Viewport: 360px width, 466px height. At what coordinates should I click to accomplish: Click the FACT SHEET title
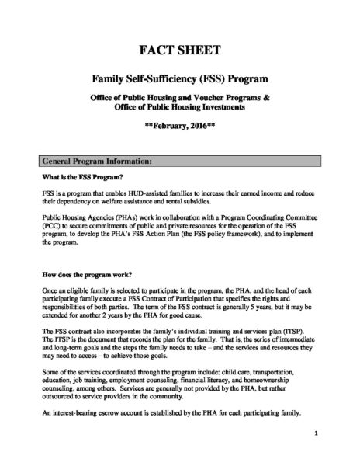(x=179, y=53)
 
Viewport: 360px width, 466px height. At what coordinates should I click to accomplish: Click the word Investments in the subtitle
(x=228, y=113)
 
